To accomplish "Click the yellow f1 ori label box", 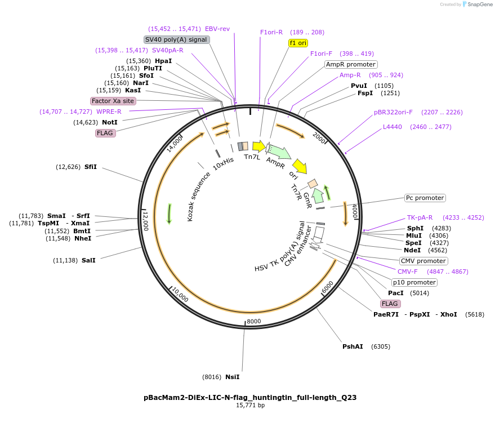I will [x=298, y=43].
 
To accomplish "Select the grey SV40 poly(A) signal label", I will [x=177, y=39].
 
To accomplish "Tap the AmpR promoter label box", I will [x=351, y=64].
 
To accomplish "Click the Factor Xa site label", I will [x=113, y=101].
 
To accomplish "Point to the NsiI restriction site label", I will [x=232, y=377].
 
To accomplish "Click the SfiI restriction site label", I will [x=90, y=167].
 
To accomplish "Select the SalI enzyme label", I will [x=89, y=260].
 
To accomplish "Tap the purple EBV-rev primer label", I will [x=217, y=29].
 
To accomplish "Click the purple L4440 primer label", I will [x=393, y=127].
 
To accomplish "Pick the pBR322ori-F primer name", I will [x=393, y=112].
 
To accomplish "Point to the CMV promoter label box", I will [x=423, y=261].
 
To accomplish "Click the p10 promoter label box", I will [x=414, y=282].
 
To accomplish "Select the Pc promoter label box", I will [x=425, y=198].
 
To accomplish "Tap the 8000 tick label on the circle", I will [x=254, y=321].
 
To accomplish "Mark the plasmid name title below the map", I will [x=250, y=397].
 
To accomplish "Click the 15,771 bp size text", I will [x=250, y=405].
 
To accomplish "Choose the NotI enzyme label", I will [x=111, y=122].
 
